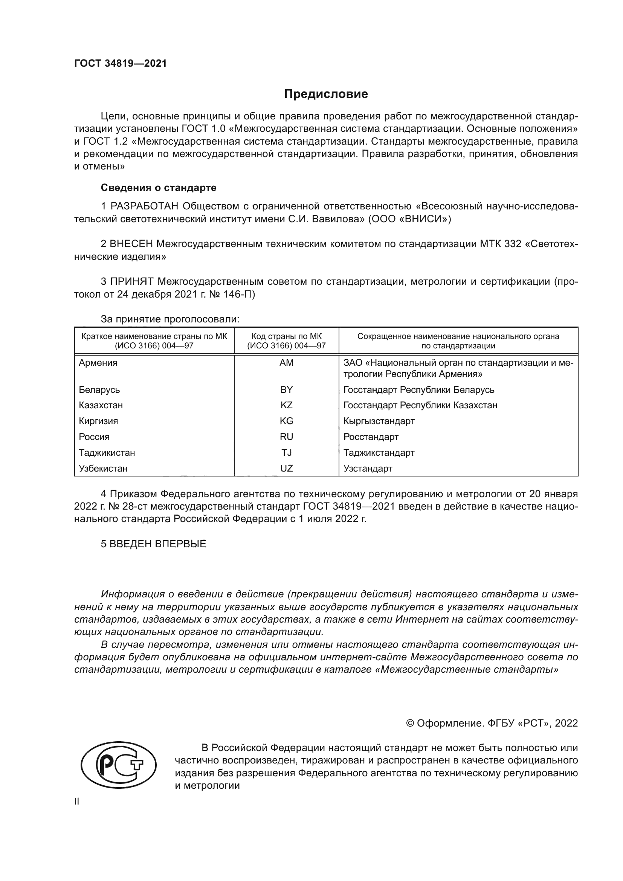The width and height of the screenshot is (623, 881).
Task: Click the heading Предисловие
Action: [326, 94]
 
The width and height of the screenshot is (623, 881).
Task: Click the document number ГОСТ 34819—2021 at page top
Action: [121, 64]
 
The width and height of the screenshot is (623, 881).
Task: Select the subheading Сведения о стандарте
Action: [159, 188]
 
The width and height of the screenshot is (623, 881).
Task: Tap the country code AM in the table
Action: [286, 363]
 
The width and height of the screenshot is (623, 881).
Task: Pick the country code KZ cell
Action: [286, 405]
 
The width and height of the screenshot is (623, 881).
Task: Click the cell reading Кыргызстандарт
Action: [379, 421]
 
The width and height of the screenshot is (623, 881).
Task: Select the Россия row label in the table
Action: [94, 437]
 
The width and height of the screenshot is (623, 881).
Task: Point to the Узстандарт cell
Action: [368, 468]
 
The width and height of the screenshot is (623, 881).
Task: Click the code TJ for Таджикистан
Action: [286, 452]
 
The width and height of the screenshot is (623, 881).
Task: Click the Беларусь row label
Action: [99, 390]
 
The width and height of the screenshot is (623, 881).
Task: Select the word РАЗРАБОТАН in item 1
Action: [144, 206]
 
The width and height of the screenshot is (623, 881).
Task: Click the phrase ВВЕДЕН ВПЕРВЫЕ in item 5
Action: [158, 544]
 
